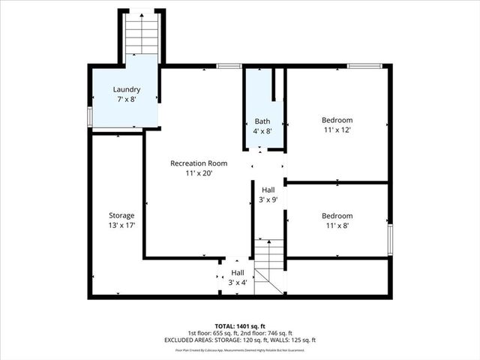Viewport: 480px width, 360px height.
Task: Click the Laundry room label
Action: (x=126, y=89)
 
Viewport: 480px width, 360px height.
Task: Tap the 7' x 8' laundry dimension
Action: (x=126, y=99)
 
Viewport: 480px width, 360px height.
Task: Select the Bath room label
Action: (x=262, y=121)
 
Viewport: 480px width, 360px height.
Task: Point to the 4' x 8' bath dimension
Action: (x=262, y=130)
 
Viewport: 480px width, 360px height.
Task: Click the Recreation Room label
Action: (x=199, y=163)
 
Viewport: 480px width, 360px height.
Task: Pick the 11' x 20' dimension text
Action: (x=199, y=172)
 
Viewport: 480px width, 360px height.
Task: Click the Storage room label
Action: (x=121, y=215)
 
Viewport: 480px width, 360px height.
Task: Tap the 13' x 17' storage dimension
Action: (x=121, y=225)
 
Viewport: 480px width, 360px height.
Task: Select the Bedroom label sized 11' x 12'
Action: (x=337, y=120)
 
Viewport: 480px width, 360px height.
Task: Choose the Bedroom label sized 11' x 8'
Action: (x=337, y=214)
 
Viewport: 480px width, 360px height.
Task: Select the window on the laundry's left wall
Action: (x=89, y=117)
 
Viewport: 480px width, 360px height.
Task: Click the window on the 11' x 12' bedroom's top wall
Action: (x=365, y=66)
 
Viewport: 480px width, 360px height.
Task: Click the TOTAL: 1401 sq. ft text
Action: (x=240, y=326)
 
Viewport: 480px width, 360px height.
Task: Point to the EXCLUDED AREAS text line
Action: (x=240, y=340)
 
